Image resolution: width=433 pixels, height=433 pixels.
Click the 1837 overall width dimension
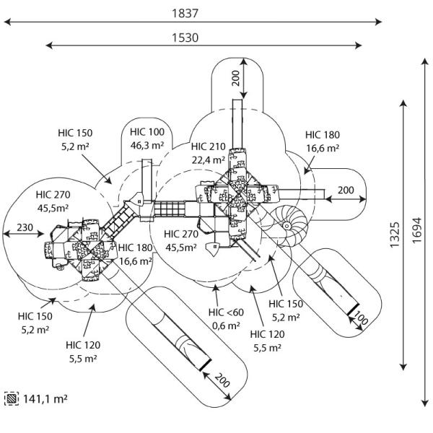(x=194, y=12)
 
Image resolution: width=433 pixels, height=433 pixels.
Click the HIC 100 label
(x=147, y=131)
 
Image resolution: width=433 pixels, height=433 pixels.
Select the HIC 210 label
(x=209, y=146)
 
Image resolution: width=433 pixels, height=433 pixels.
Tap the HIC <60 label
(x=225, y=312)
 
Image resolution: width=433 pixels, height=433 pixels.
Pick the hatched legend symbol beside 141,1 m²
(x=11, y=398)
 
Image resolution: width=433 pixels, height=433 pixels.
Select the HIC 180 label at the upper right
(x=322, y=134)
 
